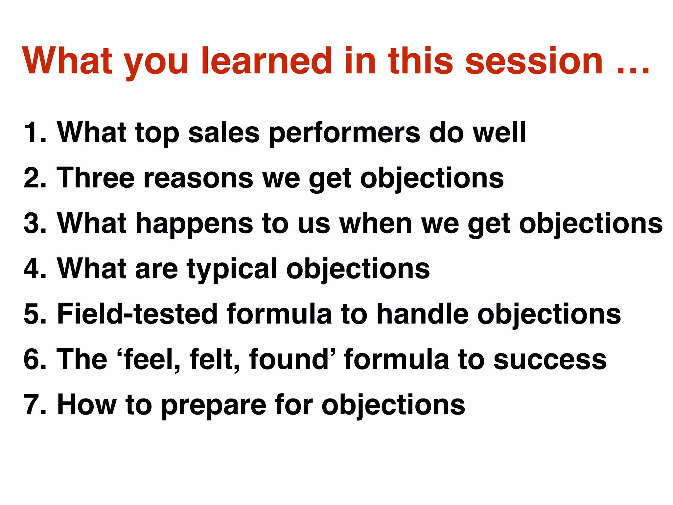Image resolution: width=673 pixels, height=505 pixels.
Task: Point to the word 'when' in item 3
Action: (x=376, y=223)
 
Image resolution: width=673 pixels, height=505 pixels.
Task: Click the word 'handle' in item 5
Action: (x=422, y=314)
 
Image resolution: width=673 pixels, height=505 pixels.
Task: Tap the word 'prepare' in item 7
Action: (x=214, y=406)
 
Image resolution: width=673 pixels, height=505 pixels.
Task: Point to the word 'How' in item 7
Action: (x=87, y=405)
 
